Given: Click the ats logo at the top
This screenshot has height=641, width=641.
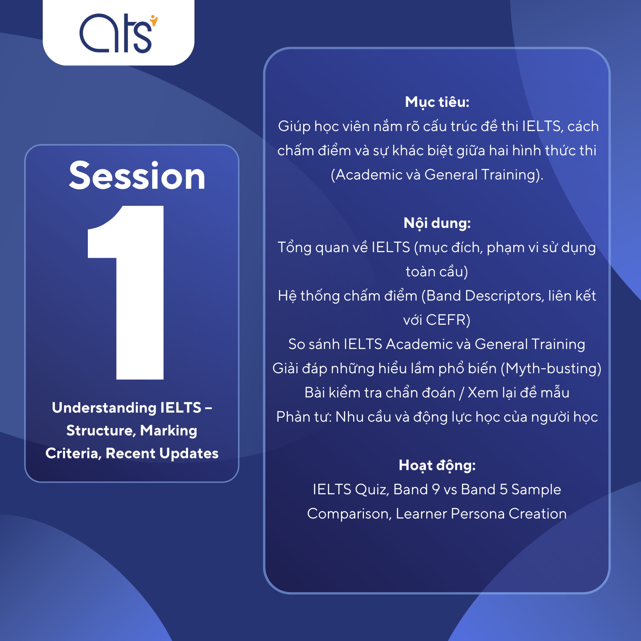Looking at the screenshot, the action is click(x=118, y=33).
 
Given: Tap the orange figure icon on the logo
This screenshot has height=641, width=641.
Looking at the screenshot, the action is click(x=153, y=20).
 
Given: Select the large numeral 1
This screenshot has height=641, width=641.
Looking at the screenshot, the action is click(x=126, y=292).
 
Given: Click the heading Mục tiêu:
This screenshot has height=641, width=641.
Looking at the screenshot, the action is click(x=437, y=102).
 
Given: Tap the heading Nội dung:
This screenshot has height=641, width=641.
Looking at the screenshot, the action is click(x=437, y=223).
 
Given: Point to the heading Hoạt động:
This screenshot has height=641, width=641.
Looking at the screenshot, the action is click(x=437, y=465).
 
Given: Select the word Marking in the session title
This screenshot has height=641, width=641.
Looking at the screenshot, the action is click(x=169, y=430).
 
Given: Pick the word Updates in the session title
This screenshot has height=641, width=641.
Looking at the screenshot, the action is click(x=189, y=453).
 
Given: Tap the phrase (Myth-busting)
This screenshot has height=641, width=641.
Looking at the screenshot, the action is click(x=551, y=369).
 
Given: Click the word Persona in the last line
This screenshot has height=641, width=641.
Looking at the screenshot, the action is click(x=478, y=514).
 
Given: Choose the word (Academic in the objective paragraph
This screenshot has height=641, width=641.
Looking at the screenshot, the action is click(x=366, y=175).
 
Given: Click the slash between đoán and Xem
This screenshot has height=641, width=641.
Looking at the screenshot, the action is click(x=461, y=393).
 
